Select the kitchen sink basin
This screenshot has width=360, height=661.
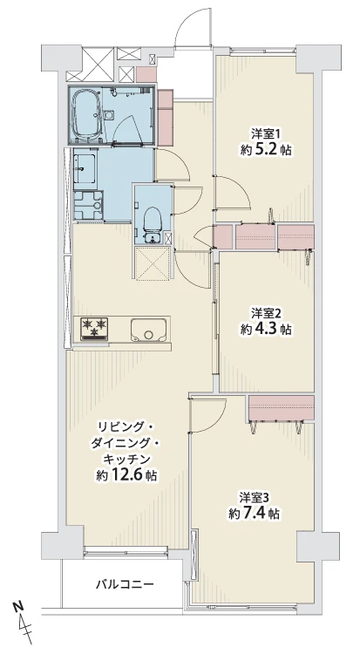[x=150, y=330]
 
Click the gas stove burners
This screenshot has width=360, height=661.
[x=93, y=328]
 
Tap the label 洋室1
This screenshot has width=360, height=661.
[x=266, y=133]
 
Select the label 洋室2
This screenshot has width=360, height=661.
[x=266, y=312]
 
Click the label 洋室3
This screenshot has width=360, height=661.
[x=255, y=497]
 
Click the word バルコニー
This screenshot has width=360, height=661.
[x=125, y=584]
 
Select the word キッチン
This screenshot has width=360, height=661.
[x=127, y=459]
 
